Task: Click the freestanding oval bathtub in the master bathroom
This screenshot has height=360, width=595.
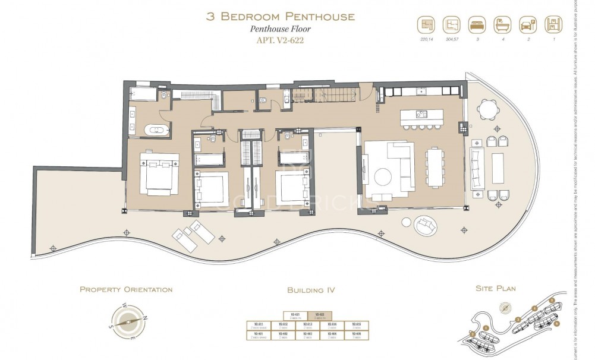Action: (x=158, y=129)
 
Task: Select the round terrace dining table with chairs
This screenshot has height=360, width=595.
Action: (x=490, y=110)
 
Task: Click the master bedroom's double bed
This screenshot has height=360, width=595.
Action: (x=159, y=173)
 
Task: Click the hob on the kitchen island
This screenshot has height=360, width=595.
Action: (x=423, y=114)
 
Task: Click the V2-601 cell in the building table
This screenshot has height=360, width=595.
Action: (x=258, y=335)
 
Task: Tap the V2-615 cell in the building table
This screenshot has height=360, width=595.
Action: (x=356, y=326)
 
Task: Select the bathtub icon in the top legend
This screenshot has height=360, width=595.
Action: (x=500, y=25)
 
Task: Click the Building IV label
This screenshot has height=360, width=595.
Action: (x=311, y=290)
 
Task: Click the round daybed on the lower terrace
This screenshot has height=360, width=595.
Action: (x=427, y=225)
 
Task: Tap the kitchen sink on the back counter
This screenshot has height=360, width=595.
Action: (x=421, y=91)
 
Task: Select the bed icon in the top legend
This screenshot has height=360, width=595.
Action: (x=476, y=25)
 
